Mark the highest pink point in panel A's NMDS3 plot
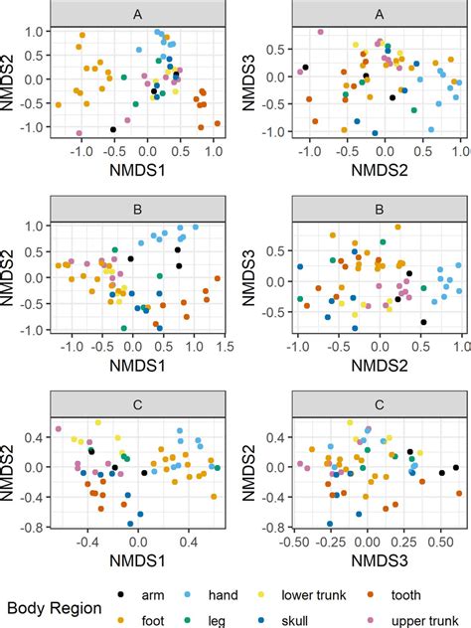(321, 32)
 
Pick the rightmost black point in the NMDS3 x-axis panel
(443, 473)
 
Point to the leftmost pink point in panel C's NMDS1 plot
(59, 429)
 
